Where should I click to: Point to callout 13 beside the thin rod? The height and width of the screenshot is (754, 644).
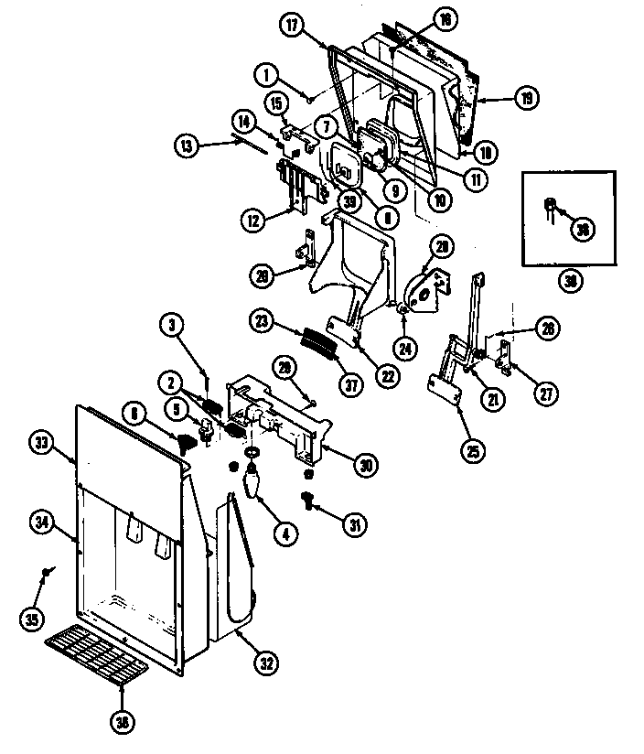coord(188,144)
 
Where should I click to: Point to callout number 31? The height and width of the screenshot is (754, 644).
coord(353,523)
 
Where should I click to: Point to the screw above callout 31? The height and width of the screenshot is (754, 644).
coord(308,499)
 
